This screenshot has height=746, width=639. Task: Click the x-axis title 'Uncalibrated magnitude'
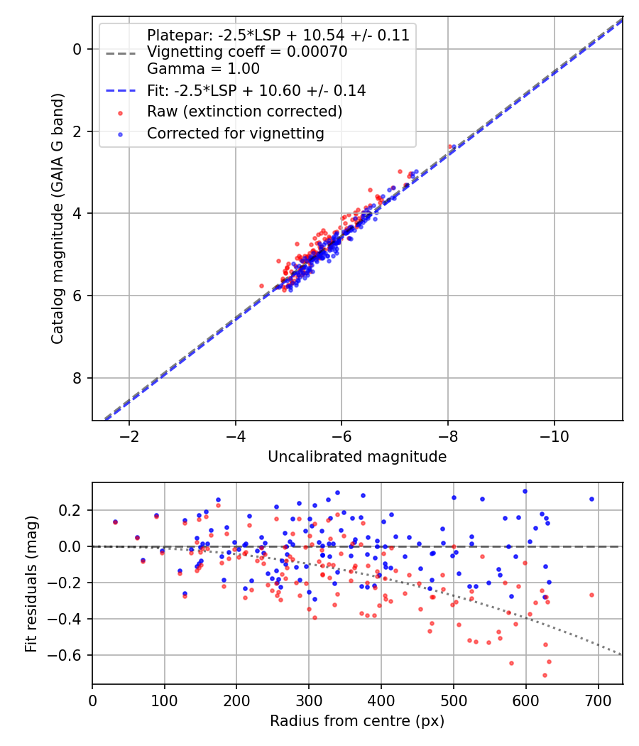pos(357,457)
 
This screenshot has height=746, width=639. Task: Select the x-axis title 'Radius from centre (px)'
pos(357,721)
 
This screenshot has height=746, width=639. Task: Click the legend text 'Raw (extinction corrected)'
pos(244,112)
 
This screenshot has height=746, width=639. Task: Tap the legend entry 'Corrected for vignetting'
pos(235,133)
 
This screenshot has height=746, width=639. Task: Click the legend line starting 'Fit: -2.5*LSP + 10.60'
pos(256,90)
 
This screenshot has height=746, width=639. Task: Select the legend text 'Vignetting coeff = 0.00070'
pos(247,52)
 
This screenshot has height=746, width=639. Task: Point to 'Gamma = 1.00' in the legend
pos(203,69)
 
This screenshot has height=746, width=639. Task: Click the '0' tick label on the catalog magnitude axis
pos(78,49)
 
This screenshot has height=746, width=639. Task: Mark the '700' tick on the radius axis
pos(598,700)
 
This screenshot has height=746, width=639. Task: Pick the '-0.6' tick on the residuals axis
pos(70,655)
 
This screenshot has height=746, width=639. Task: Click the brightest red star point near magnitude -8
pos(449,147)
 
